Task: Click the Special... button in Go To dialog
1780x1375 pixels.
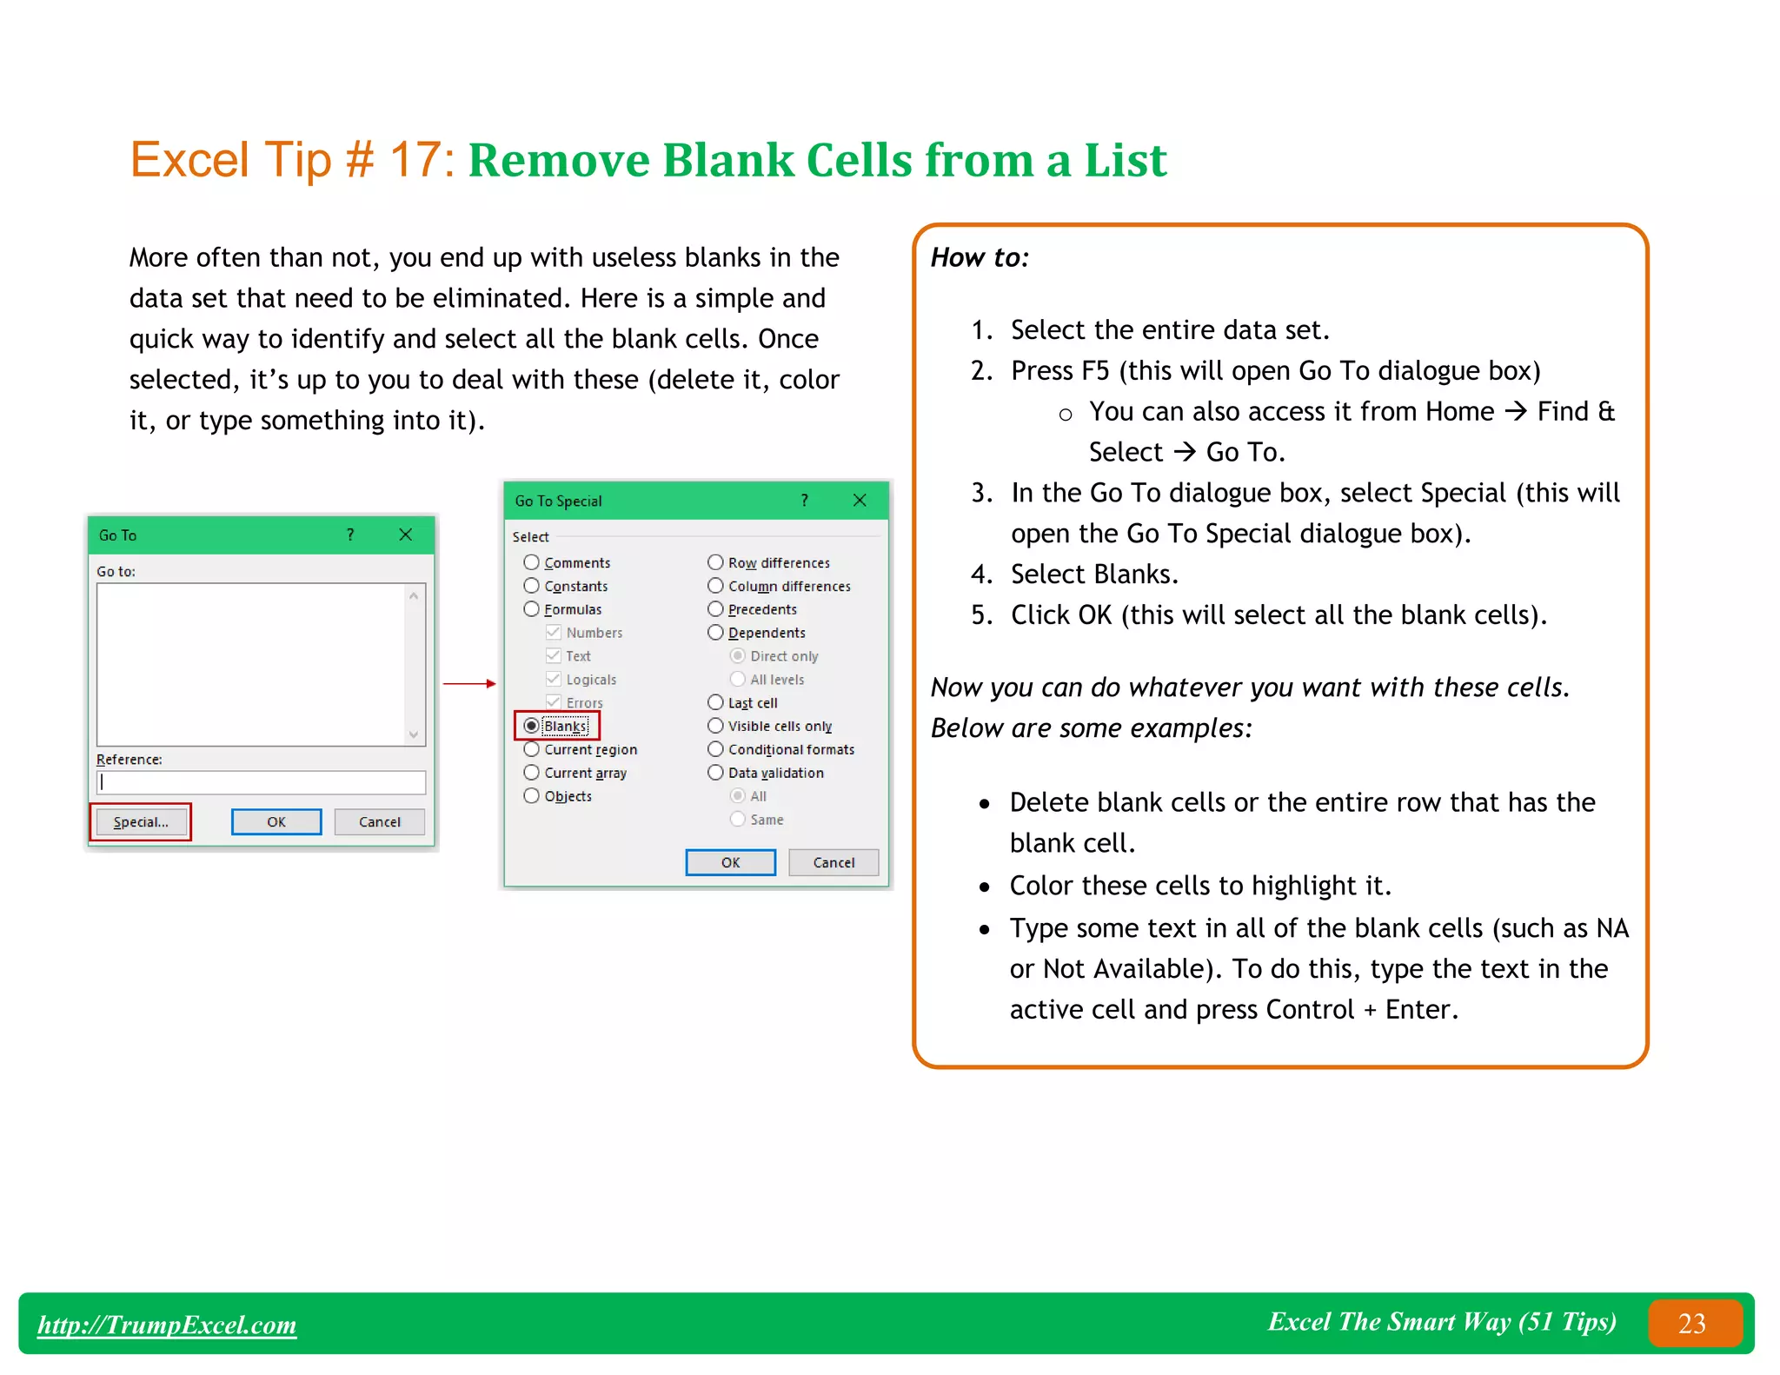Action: [141, 822]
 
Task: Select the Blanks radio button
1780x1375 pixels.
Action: [532, 726]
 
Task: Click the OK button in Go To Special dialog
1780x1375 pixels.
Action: [730, 862]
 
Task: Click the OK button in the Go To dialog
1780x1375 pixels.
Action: [276, 822]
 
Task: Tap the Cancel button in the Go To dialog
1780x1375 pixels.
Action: [380, 822]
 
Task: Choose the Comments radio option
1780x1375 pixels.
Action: [532, 562]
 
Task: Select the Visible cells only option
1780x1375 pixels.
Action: [715, 726]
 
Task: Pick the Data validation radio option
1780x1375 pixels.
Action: [715, 773]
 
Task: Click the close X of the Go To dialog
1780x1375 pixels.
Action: [406, 535]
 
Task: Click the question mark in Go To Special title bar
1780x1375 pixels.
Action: [805, 500]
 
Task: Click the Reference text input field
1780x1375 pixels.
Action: [261, 782]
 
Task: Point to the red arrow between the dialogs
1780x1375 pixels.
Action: [469, 684]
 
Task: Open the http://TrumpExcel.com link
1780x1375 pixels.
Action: [167, 1325]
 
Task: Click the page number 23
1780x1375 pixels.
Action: [1692, 1323]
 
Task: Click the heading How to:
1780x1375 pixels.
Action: [980, 257]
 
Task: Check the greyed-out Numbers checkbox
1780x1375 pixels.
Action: [554, 632]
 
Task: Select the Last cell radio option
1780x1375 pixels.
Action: [715, 702]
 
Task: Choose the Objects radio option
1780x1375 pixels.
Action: [532, 796]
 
